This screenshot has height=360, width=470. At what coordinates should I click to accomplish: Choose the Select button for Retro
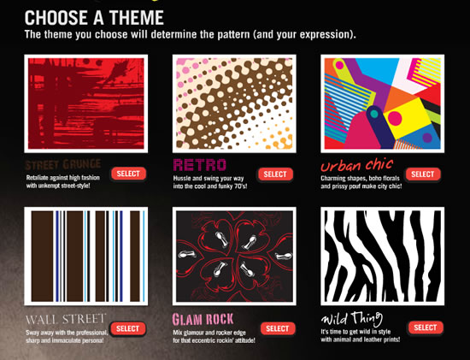(x=275, y=174)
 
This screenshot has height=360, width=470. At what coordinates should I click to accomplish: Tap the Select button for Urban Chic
(x=422, y=174)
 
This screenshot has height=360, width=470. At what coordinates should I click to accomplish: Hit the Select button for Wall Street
(x=127, y=328)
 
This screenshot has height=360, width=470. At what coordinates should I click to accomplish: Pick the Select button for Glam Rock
(x=277, y=328)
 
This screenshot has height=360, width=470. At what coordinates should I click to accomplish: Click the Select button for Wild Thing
(x=425, y=328)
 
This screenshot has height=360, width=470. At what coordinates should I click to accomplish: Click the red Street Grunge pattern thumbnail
(x=86, y=103)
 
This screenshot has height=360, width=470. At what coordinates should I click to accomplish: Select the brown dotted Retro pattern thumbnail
(x=234, y=103)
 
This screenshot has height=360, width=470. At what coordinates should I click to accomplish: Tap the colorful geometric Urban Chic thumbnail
(x=382, y=103)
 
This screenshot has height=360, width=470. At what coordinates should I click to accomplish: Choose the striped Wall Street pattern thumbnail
(x=86, y=257)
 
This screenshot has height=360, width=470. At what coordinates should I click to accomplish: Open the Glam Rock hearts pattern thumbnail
(x=234, y=257)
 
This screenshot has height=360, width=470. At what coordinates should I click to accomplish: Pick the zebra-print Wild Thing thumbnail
(x=382, y=257)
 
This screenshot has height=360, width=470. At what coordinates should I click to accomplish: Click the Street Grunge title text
(x=64, y=163)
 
